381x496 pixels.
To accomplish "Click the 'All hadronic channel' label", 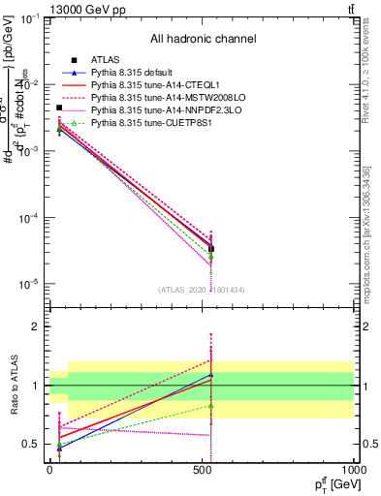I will (x=203, y=40).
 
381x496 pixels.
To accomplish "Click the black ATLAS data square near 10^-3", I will (x=59, y=108).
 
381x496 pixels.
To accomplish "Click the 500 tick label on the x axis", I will (x=201, y=470).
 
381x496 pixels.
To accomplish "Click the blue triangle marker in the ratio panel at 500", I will (x=211, y=374).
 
